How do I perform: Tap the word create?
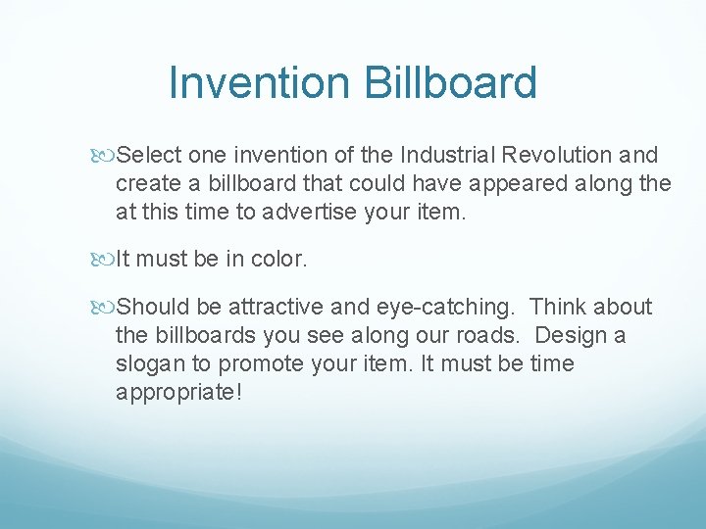coord(142,183)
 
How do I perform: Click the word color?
coord(280,259)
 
